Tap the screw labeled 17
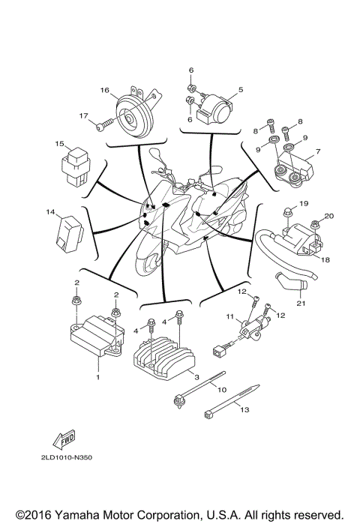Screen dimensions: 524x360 [106, 123]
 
